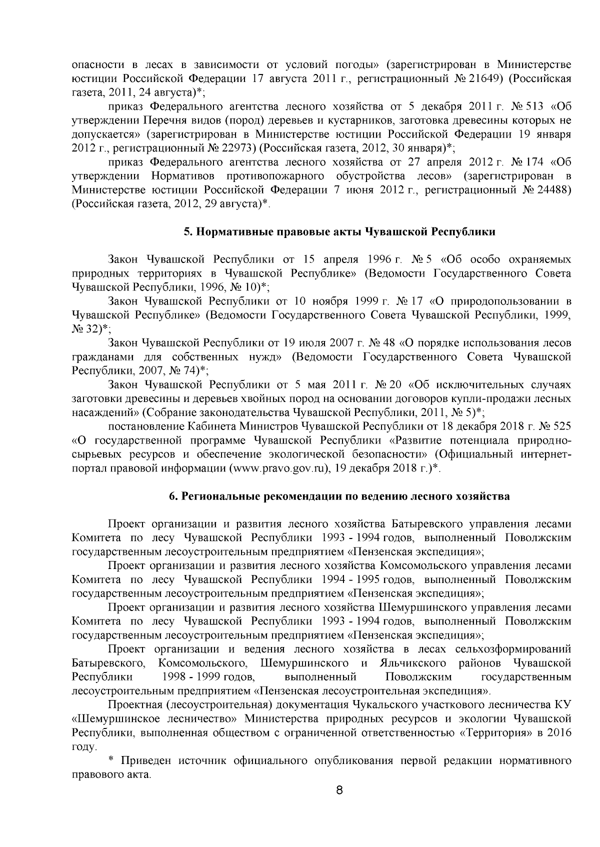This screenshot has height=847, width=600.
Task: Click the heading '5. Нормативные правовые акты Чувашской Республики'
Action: click(x=339, y=232)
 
